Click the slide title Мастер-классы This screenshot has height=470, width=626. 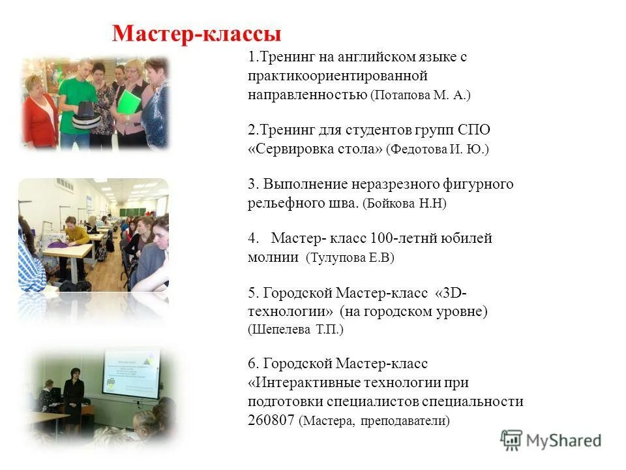[x=196, y=33]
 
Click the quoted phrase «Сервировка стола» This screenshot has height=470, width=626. [x=315, y=149]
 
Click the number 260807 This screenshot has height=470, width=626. [x=271, y=420]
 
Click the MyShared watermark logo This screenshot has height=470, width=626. [x=551, y=440]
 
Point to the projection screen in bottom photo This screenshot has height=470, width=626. [x=131, y=372]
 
